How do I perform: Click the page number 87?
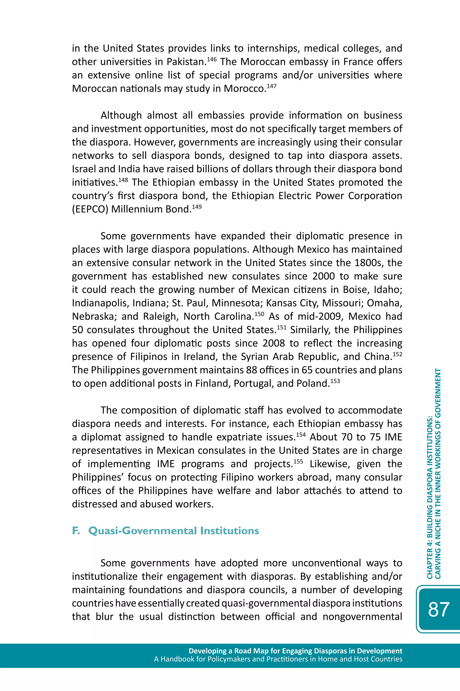(439, 609)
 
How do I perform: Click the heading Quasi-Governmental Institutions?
(173, 531)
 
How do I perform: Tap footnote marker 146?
(212, 59)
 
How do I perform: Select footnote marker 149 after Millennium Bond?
(197, 207)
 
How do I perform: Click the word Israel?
(83, 169)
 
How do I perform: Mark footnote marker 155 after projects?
(298, 461)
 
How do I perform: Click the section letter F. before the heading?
(76, 531)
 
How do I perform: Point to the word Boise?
(356, 290)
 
